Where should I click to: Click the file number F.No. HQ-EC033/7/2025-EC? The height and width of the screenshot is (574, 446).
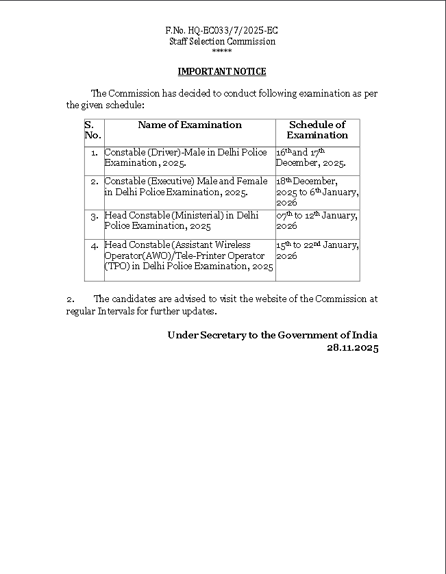pyautogui.click(x=222, y=31)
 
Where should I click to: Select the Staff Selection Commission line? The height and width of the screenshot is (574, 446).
pyautogui.click(x=222, y=41)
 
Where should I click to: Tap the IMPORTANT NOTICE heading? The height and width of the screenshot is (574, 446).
pyautogui.click(x=222, y=71)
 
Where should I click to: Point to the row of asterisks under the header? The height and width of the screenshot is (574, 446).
pyautogui.click(x=222, y=51)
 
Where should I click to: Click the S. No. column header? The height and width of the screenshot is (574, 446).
pyautogui.click(x=92, y=129)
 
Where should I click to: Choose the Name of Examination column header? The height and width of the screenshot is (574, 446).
pyautogui.click(x=190, y=125)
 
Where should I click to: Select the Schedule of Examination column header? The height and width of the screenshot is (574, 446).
pyautogui.click(x=317, y=129)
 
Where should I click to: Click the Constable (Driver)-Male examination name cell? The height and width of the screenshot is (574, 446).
pyautogui.click(x=186, y=157)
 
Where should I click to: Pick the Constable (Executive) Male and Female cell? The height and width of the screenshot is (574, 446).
pyautogui.click(x=186, y=186)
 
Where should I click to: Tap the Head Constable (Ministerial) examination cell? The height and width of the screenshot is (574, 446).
pyautogui.click(x=182, y=220)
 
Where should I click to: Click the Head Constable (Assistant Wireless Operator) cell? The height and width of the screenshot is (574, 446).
pyautogui.click(x=188, y=255)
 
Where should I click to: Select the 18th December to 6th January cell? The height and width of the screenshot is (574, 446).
pyautogui.click(x=317, y=192)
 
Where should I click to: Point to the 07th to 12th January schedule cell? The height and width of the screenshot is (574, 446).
pyautogui.click(x=317, y=220)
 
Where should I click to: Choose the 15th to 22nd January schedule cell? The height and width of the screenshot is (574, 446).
pyautogui.click(x=317, y=250)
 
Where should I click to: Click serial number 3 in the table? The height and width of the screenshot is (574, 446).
pyautogui.click(x=95, y=216)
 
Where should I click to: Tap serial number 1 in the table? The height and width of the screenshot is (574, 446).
pyautogui.click(x=95, y=152)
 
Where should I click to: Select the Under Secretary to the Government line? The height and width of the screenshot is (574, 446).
pyautogui.click(x=272, y=335)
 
